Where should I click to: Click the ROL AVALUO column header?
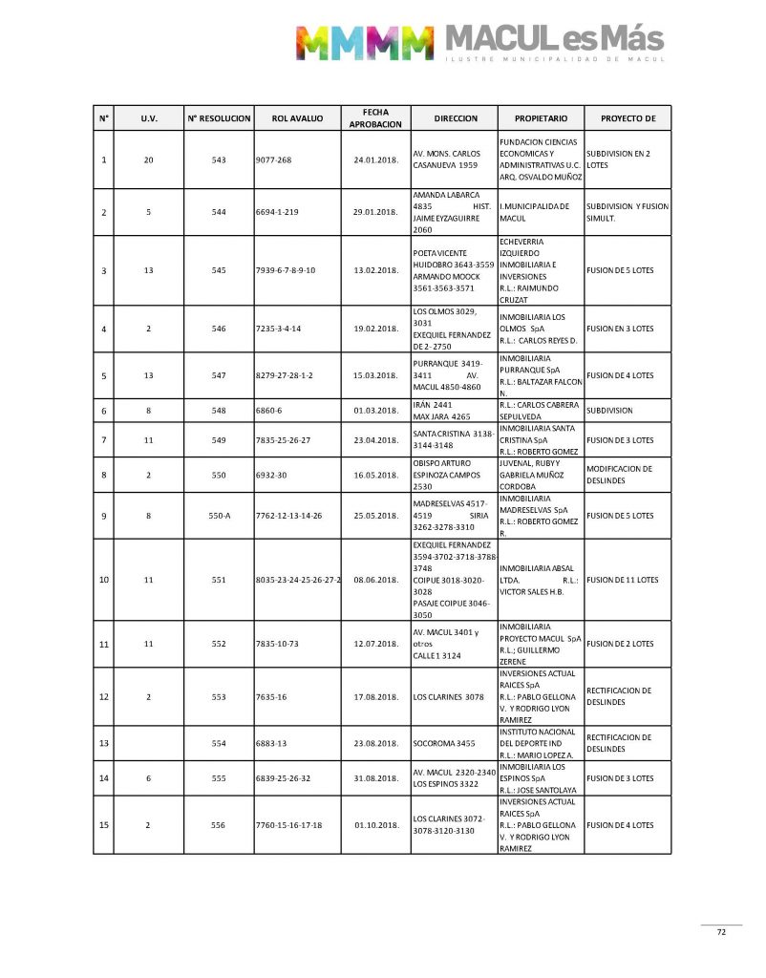pyautogui.click(x=297, y=118)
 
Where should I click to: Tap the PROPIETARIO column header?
pyautogui.click(x=541, y=118)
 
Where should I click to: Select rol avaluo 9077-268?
pyautogui.click(x=274, y=159)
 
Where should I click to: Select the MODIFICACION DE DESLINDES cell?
pyautogui.click(x=620, y=475)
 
